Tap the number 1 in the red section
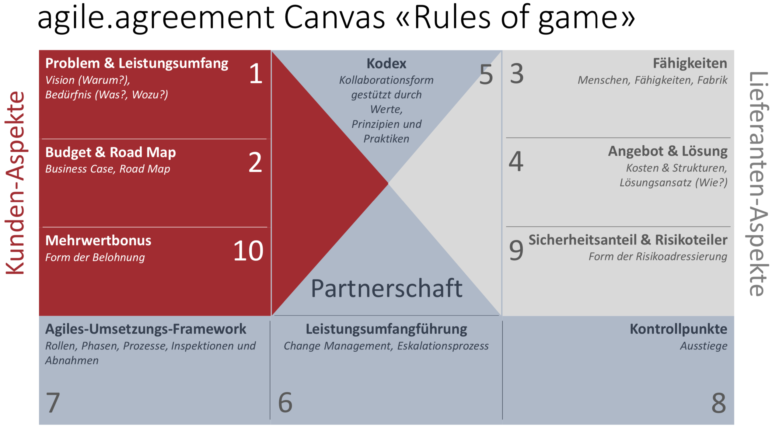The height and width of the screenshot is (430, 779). pos(256,74)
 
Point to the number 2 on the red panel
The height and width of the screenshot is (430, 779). pos(255,163)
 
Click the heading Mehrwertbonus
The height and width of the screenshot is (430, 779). pos(98,241)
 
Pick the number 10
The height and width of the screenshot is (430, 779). pos(248,251)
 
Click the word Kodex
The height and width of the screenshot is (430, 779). pos(386,64)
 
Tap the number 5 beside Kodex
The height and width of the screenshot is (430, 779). pos(486,75)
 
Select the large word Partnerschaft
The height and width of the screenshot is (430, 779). pos(386,288)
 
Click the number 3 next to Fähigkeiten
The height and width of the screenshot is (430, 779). pos(517,74)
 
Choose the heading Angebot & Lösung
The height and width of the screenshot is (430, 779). pos(668,151)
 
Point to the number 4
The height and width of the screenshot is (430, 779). pos(516,161)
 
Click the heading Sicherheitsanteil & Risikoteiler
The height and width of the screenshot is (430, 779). pos(628,240)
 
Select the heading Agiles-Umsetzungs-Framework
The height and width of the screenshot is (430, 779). pos(145,329)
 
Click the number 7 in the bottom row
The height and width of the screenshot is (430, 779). pos(53,403)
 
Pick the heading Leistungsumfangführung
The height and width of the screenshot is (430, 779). pos(386,329)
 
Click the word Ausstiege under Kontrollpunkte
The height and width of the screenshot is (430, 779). pos(704,346)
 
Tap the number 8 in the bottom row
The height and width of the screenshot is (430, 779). pos(719,403)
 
